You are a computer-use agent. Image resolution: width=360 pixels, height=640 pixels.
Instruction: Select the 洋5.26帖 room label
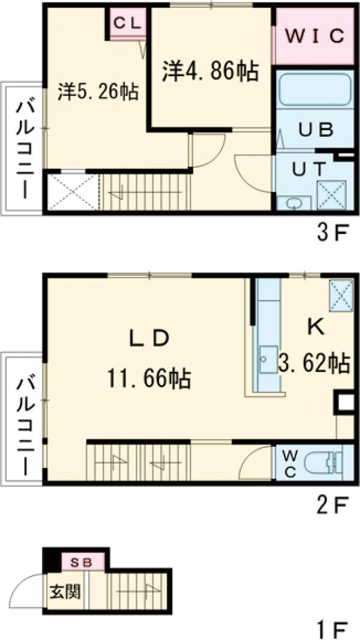click(98, 92)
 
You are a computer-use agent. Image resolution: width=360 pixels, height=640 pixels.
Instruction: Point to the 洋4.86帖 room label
click(211, 70)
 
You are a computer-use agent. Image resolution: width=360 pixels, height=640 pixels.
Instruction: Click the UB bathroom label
click(315, 130)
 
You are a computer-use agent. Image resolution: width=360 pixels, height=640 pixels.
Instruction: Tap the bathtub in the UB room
click(314, 91)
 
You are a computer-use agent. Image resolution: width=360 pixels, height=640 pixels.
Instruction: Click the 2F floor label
click(332, 506)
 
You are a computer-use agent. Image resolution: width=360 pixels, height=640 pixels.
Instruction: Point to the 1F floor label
click(332, 629)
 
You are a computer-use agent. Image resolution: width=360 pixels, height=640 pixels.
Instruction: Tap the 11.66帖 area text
click(149, 378)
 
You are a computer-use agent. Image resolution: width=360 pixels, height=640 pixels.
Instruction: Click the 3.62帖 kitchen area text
click(314, 363)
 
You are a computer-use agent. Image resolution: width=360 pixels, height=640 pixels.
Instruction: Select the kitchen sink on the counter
click(268, 359)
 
